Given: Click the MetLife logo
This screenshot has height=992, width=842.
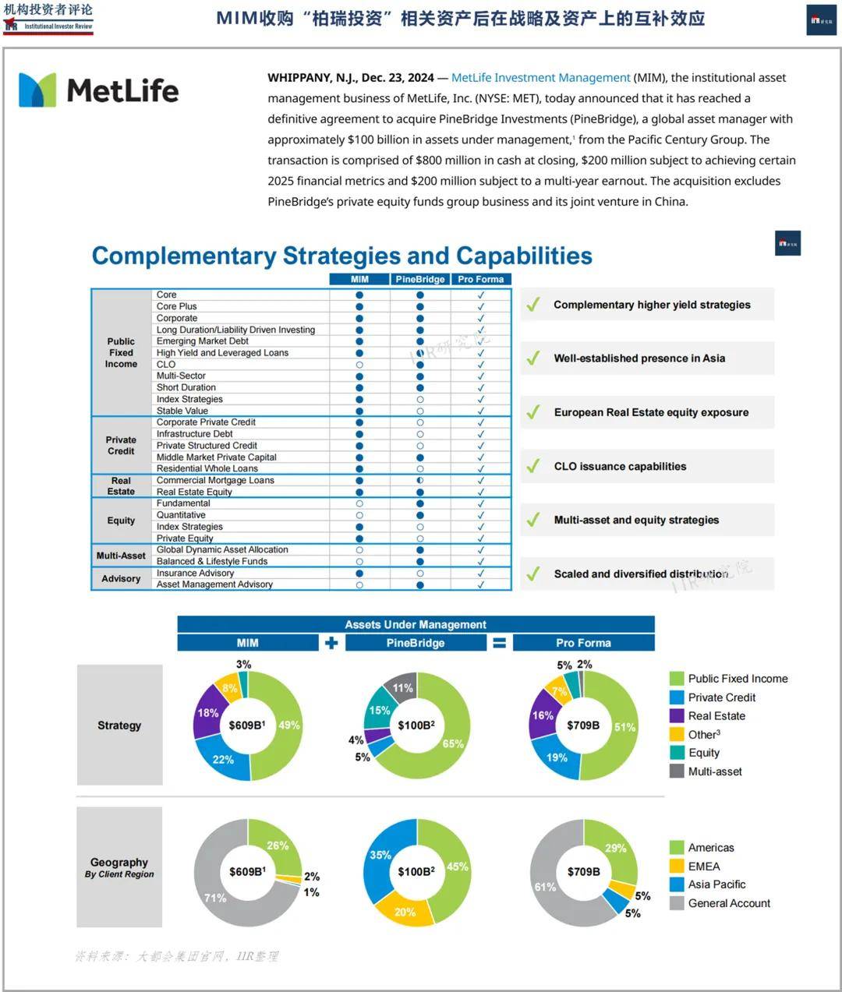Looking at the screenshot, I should (99, 90).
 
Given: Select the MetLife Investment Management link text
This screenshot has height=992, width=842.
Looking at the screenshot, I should (540, 78).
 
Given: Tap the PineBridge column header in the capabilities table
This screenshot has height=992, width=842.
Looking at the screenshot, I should (419, 279).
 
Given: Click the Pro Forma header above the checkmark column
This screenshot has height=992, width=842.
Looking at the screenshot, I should (480, 279).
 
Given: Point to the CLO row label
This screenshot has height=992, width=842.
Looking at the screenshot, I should (166, 364).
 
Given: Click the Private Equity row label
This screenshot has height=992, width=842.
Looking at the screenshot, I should (185, 538).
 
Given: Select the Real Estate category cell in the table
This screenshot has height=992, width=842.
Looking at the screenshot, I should (121, 486).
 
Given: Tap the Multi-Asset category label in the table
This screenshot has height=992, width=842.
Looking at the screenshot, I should (121, 556).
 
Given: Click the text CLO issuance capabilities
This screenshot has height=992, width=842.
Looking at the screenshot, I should (620, 466).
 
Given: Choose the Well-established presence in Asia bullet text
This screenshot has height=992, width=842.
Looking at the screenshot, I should (639, 358).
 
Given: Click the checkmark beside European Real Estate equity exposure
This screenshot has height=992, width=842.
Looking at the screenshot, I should (533, 412).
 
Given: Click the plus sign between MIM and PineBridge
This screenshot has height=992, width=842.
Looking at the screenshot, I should (331, 643).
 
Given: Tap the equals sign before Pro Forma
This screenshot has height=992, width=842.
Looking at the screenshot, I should (500, 643).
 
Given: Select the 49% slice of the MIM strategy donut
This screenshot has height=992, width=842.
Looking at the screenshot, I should (285, 725).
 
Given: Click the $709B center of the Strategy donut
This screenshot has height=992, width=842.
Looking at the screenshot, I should (583, 725).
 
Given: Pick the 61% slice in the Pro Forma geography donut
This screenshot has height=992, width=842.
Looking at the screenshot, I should (546, 887).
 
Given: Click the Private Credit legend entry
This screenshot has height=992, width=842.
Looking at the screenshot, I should (721, 697).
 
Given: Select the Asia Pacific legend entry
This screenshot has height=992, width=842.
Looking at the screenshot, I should (716, 884).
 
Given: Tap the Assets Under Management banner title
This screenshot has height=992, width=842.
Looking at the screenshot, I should (416, 624).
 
